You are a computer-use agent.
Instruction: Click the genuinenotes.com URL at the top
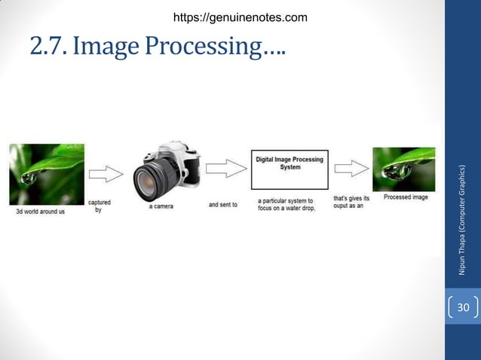tap(240, 17)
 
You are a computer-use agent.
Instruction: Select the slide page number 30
tap(462, 308)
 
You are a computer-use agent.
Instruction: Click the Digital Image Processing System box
tap(290, 169)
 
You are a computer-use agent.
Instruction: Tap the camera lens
tap(154, 181)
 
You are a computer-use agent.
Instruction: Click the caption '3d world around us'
tap(41, 212)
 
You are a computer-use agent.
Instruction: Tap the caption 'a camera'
tap(162, 206)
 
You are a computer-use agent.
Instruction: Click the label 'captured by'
tap(99, 206)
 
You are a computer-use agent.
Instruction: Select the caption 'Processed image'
tap(406, 197)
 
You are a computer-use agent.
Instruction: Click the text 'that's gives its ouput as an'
tap(351, 202)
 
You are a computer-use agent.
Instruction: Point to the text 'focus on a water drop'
tap(286, 208)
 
